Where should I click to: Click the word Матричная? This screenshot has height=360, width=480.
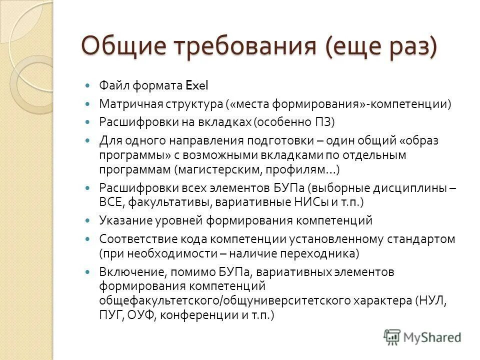coord(125,104)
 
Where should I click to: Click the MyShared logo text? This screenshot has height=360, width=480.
coord(432,336)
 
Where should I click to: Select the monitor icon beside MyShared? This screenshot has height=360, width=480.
coord(392,336)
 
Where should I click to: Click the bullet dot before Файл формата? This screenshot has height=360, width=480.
coord(88,85)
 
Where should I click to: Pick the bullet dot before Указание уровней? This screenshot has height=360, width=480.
coord(88,220)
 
